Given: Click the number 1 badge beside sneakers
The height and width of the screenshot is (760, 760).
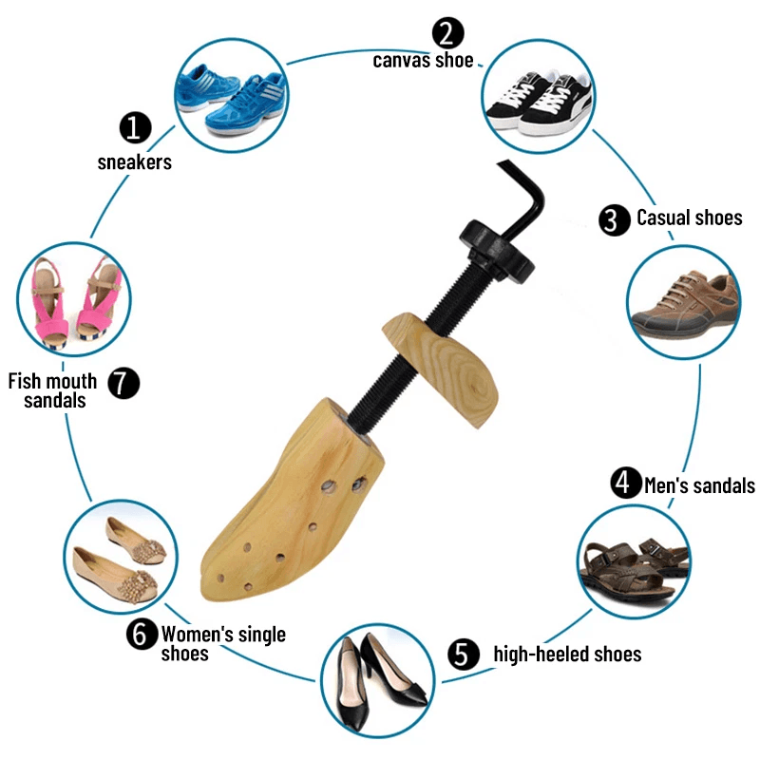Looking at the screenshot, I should [135, 127].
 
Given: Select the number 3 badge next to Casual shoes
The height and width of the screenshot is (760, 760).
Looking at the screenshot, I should [614, 219].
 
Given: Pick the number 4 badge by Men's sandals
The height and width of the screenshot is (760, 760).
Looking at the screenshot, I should [624, 484].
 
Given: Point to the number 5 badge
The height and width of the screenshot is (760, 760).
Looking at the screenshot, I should [461, 654].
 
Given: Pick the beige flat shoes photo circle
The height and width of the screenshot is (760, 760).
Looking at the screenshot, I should [121, 560].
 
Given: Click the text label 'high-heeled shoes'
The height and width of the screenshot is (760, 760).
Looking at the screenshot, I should [567, 654].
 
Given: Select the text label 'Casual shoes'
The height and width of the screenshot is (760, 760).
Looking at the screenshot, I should [689, 218].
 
